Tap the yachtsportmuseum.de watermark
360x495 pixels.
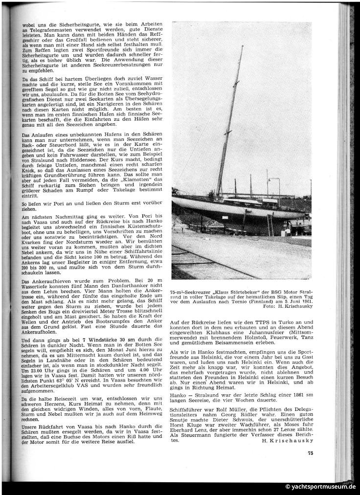pos(320,487)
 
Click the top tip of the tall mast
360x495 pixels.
pos(242,47)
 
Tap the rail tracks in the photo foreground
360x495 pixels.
pos(205,259)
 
